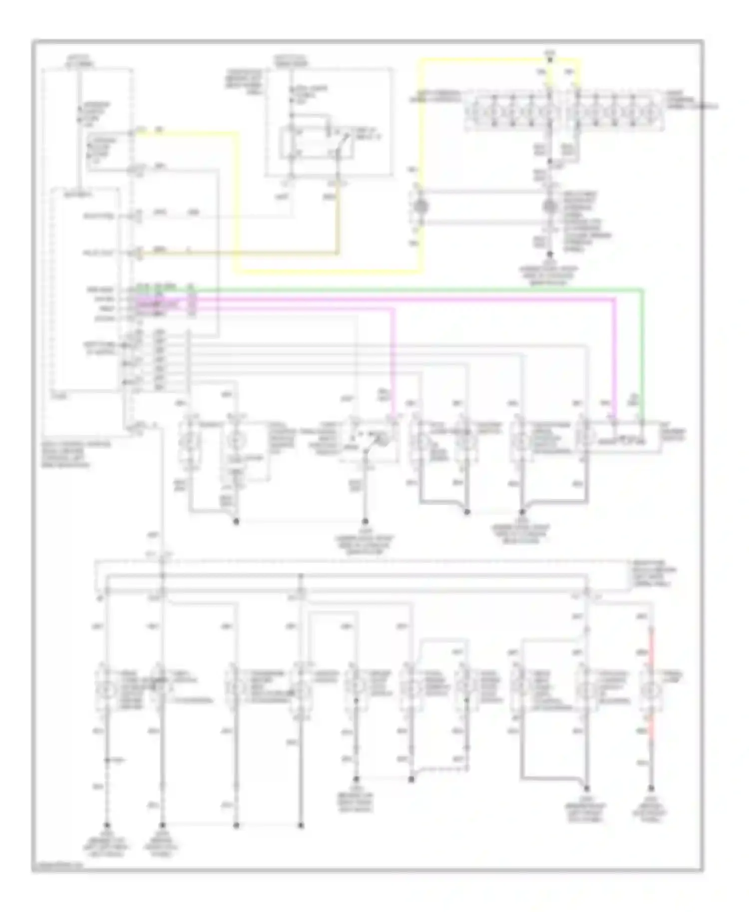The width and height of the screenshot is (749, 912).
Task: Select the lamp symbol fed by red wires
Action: (x=651, y=691)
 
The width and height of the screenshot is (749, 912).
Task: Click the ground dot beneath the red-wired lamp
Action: (x=651, y=789)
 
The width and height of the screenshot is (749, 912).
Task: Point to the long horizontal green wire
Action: (x=399, y=289)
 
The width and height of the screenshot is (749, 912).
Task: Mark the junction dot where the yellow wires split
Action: (x=550, y=60)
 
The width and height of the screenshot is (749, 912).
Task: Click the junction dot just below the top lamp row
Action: (x=550, y=162)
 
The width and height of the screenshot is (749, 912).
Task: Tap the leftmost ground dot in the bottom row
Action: (x=106, y=826)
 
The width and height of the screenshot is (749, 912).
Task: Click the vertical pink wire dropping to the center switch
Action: (x=393, y=359)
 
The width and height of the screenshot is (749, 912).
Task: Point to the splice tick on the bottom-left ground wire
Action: (x=106, y=760)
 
